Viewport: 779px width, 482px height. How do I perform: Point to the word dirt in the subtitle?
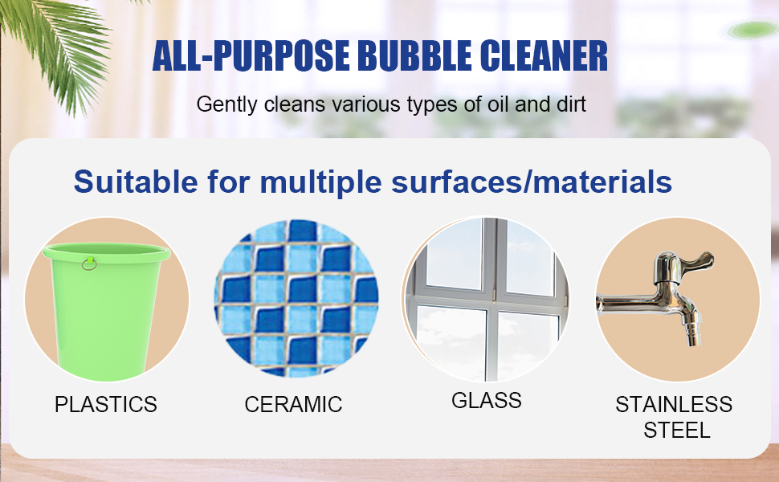[x=570, y=104]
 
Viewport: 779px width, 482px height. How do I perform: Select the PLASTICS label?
[x=106, y=404]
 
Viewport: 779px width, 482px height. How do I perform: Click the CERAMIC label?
[x=293, y=404]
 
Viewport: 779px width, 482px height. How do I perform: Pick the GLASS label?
[x=487, y=400]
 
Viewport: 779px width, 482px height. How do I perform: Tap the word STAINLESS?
[x=674, y=404]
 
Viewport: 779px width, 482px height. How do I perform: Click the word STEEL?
[x=677, y=430]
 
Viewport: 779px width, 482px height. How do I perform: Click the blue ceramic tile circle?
[x=296, y=297]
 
